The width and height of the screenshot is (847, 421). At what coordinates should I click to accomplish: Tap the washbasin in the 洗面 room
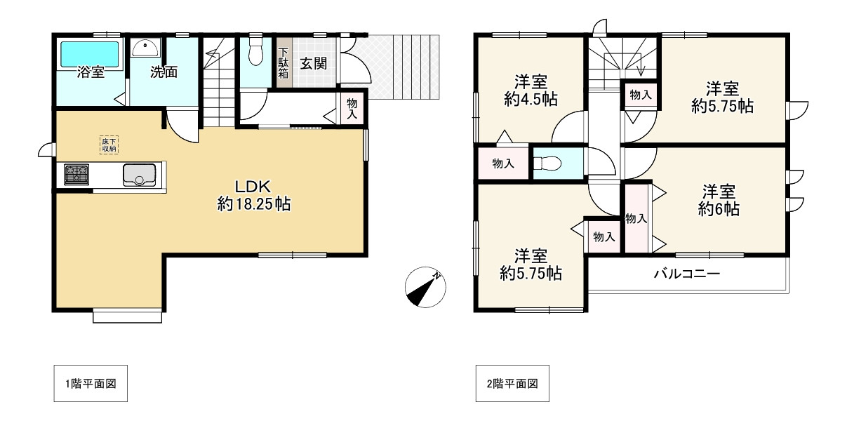point(145,48)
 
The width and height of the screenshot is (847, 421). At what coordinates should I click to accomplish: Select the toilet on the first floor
point(256,51)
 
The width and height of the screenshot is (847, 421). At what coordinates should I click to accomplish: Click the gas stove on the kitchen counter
point(76,175)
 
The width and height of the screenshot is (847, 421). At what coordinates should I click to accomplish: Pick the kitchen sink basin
point(139,175)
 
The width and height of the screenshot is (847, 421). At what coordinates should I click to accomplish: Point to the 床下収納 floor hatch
point(109,145)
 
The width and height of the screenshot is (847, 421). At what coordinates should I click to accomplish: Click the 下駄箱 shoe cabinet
point(284,62)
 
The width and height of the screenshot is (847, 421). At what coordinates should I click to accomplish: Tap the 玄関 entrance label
point(313,63)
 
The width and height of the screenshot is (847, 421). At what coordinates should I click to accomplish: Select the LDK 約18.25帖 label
point(254,196)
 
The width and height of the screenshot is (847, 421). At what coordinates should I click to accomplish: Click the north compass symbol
point(425,287)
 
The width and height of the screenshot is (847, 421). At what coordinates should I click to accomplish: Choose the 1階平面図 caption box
point(91,383)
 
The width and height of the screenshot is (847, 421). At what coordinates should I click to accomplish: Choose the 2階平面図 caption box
point(512,383)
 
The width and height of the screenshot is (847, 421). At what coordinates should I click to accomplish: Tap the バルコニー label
point(687,274)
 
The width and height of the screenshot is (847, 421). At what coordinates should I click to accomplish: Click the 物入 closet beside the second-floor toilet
point(503,163)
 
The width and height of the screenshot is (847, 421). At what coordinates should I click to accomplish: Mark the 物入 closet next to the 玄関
point(352,108)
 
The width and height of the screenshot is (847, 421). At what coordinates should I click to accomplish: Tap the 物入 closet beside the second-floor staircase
point(641,95)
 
